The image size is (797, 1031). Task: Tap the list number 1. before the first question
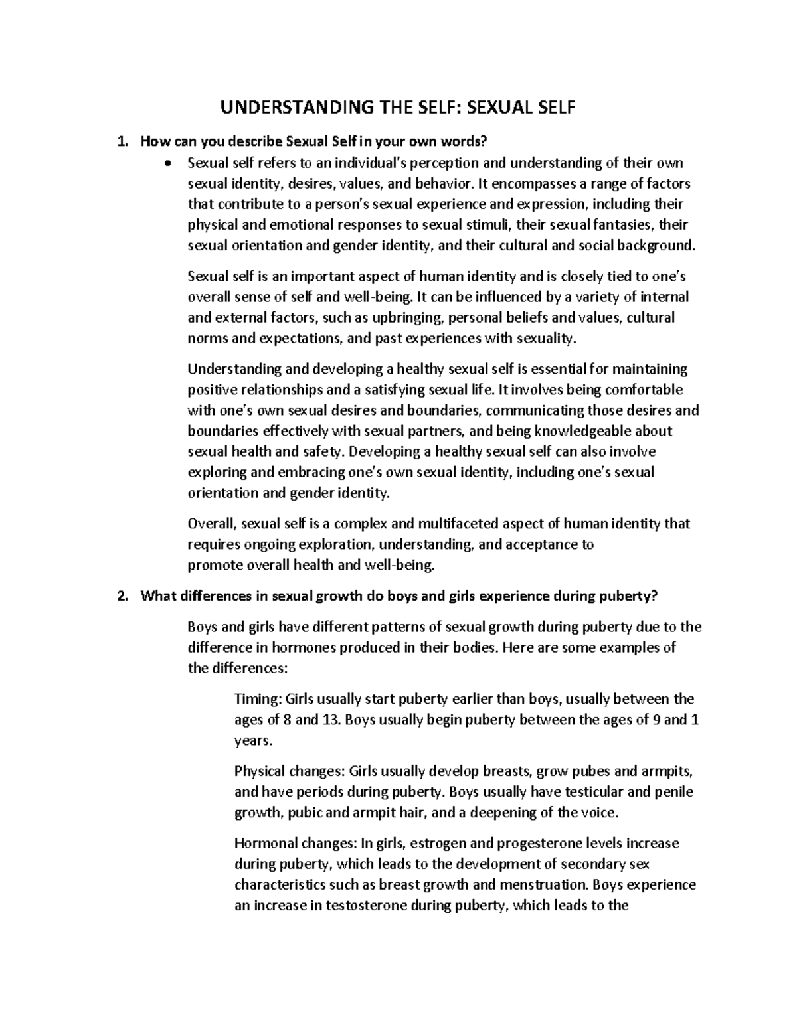[x=121, y=141]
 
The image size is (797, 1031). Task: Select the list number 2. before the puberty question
[x=121, y=595]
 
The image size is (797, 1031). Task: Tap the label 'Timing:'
[x=259, y=699]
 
